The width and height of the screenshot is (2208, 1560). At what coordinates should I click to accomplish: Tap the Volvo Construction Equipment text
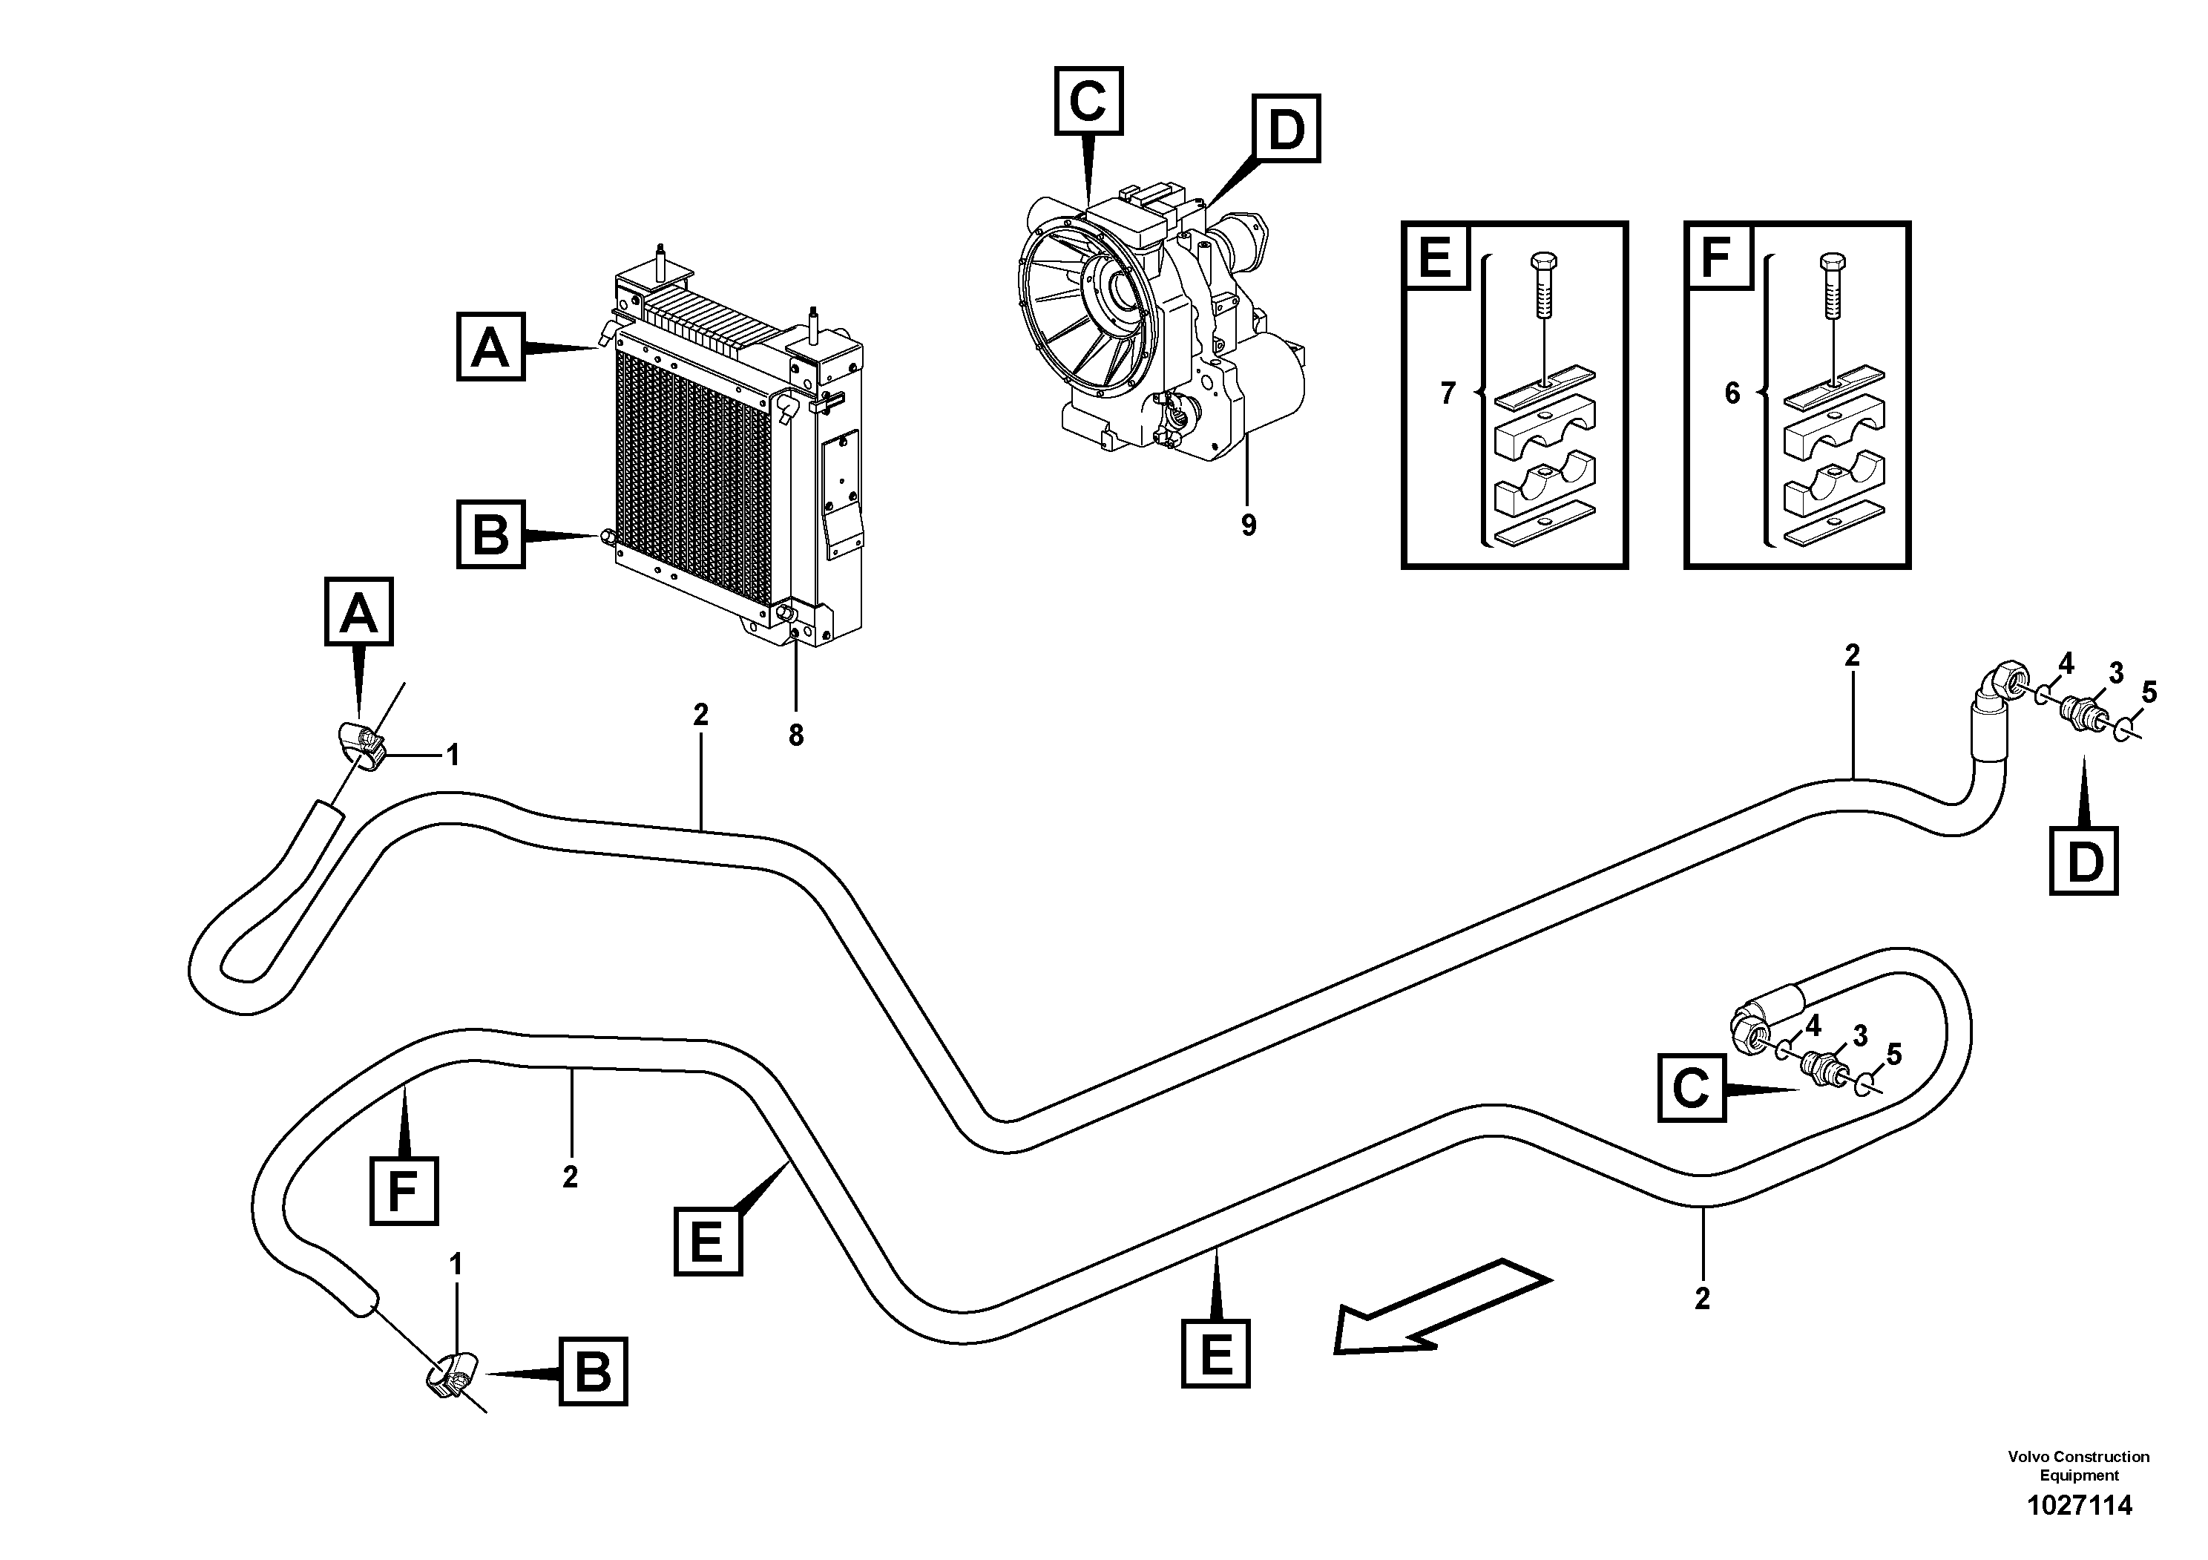point(2078,1466)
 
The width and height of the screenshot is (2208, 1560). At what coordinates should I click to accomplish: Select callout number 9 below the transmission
point(1247,525)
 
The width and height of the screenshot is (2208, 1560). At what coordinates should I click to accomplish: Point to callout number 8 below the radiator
point(795,735)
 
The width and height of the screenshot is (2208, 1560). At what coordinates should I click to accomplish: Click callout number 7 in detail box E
point(1448,393)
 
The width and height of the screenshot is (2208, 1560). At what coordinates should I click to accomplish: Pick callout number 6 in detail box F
point(1731,393)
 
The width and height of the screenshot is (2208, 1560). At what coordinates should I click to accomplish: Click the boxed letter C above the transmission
point(1088,100)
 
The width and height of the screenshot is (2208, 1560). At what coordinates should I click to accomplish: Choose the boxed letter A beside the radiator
point(490,347)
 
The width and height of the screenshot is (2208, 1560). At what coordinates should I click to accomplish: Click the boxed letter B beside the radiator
point(490,534)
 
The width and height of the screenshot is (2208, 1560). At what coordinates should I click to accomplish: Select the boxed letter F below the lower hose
point(404,1193)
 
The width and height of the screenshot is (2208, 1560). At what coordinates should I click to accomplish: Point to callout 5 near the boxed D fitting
point(2149,692)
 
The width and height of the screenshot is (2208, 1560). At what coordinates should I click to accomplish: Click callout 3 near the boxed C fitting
point(1859,1036)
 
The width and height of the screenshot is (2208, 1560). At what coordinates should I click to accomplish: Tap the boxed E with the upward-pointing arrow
point(1215,1354)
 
